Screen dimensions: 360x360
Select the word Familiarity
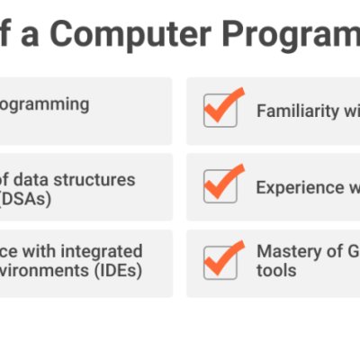pyautogui.click(x=299, y=112)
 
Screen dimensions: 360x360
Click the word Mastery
pyautogui.click(x=285, y=251)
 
